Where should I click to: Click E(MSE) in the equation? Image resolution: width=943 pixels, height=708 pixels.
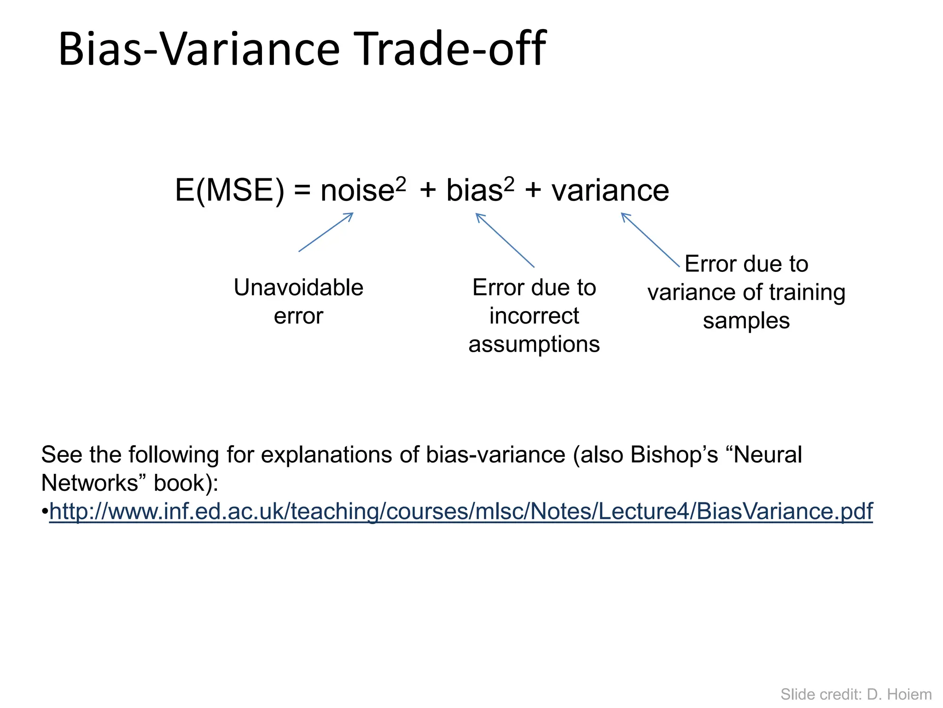[x=229, y=190]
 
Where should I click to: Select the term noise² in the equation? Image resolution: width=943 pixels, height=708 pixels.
[x=363, y=190]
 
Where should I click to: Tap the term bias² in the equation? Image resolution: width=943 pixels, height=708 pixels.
[x=480, y=190]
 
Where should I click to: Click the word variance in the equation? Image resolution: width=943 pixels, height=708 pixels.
[x=610, y=190]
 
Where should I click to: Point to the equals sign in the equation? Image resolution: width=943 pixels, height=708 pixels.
[x=302, y=191]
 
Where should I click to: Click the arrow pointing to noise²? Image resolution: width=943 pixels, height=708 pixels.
[x=326, y=232]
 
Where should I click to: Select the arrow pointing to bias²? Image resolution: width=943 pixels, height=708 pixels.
[x=505, y=240]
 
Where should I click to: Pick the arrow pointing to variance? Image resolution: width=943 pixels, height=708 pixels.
[x=650, y=240]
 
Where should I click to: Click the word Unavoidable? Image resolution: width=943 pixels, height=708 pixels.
[x=298, y=288]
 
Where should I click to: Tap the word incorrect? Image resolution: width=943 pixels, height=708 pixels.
[x=534, y=316]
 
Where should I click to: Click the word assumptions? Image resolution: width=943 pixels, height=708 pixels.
[x=534, y=345]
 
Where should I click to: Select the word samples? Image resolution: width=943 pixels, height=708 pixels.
[x=746, y=321]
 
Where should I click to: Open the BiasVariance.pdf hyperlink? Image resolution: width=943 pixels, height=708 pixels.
[x=460, y=512]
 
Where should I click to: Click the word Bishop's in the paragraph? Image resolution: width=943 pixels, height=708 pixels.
[x=674, y=455]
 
